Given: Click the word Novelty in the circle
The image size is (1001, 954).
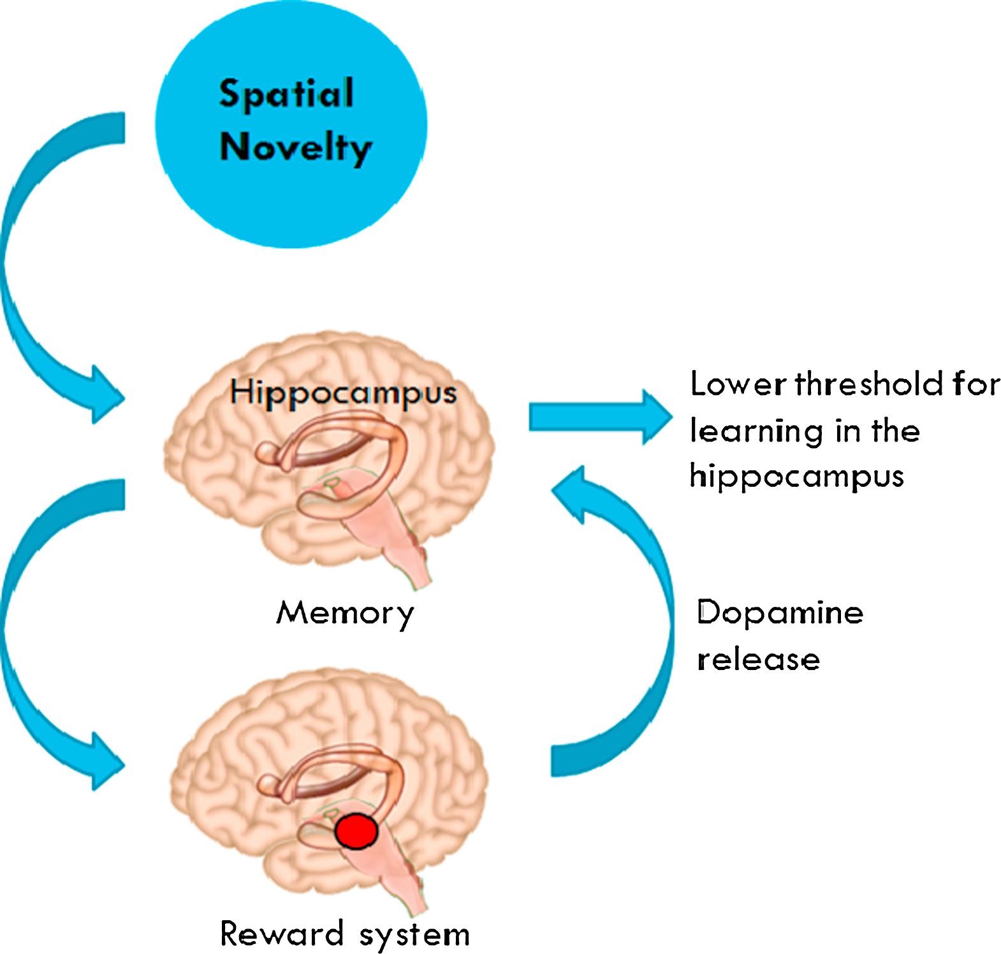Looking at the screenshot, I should point(295,148).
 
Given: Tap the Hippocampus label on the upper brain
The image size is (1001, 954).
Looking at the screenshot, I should point(344,392).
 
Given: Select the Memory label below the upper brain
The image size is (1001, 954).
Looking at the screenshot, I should point(346,614).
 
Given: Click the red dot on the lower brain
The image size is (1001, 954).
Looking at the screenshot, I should point(357,831).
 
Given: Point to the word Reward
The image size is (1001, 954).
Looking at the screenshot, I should point(282,934).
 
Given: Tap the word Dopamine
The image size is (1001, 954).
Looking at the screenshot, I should point(780,613).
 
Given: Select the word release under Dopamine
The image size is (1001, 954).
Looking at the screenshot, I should point(758,659).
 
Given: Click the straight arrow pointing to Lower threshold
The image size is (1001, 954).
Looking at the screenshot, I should point(599,417).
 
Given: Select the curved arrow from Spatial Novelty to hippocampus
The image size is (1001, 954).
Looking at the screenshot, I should point(38,281).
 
